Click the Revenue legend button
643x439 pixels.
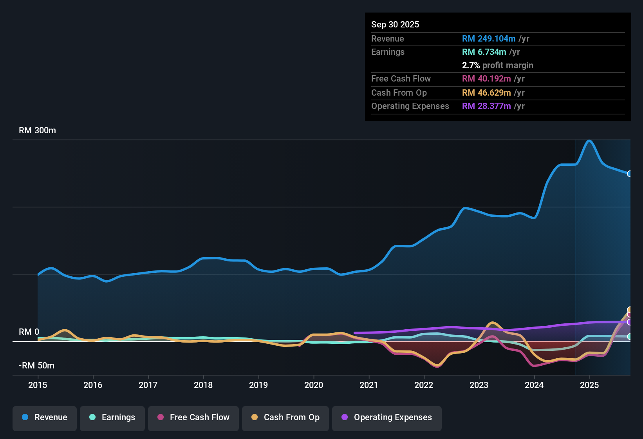(45, 417)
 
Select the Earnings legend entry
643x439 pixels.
(112, 417)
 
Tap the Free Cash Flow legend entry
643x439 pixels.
(193, 417)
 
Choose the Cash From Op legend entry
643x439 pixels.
(285, 417)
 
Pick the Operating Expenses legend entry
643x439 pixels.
(387, 417)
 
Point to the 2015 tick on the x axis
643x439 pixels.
(38, 385)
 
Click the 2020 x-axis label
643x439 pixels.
(314, 385)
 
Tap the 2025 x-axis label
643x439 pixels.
(589, 385)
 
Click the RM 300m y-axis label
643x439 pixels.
(38, 131)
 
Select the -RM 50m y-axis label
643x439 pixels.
(37, 366)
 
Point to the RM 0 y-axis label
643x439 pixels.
(29, 332)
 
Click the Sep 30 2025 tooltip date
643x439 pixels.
(395, 24)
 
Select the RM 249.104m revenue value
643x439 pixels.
(489, 39)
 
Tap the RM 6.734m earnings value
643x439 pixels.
(484, 52)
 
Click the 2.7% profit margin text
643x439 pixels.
(497, 65)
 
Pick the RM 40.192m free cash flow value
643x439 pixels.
(486, 79)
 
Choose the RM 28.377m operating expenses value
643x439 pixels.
(486, 106)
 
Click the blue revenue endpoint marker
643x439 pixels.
(629, 174)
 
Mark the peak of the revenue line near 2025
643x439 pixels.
(589, 141)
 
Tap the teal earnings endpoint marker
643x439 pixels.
(629, 337)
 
